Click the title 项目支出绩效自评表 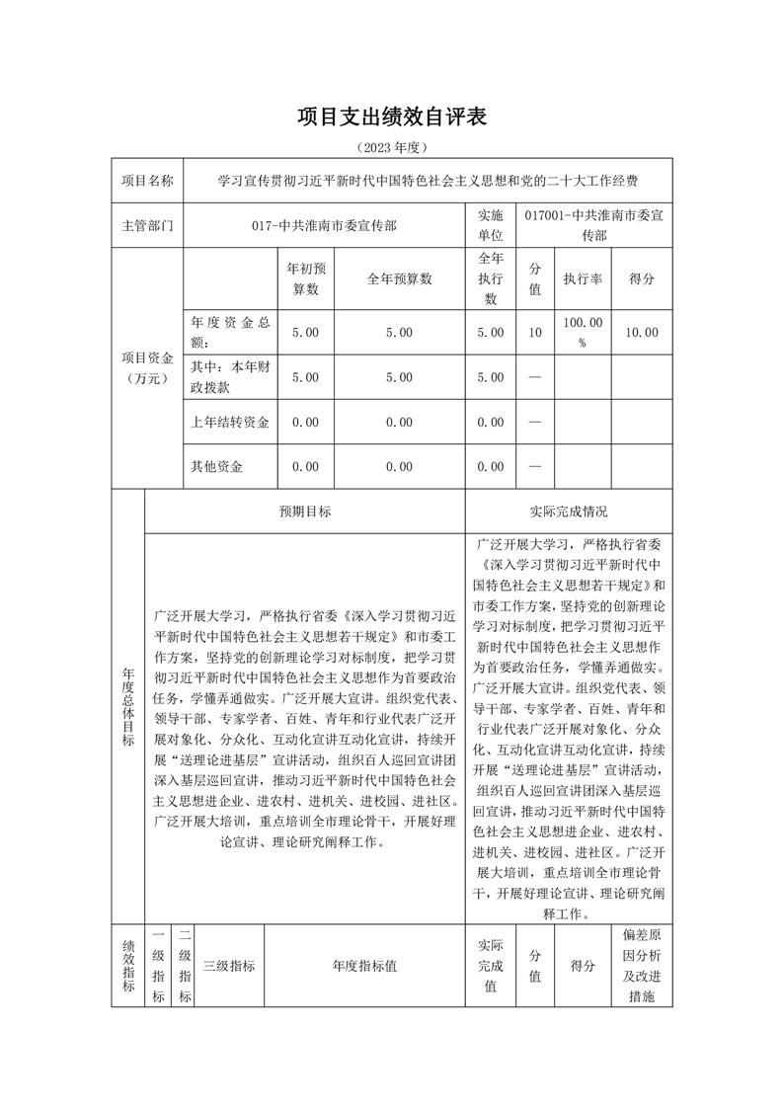(392, 118)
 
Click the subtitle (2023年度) (392, 148)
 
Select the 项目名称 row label (147, 181)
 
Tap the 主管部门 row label (147, 225)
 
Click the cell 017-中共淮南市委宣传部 (324, 225)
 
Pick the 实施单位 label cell (491, 225)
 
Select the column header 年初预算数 (306, 278)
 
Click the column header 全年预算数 (399, 278)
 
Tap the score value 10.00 (642, 333)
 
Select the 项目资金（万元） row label (147, 366)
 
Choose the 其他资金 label (217, 466)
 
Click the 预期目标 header (305, 512)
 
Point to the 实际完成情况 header (569, 512)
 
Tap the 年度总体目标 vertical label (128, 706)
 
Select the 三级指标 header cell (229, 966)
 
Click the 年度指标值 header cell (364, 966)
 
